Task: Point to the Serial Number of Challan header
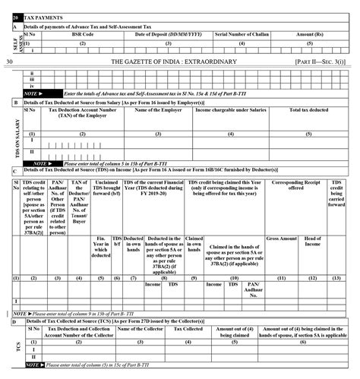pos(241,35)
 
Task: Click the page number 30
pos(8,61)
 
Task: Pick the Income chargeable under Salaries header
pos(231,111)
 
